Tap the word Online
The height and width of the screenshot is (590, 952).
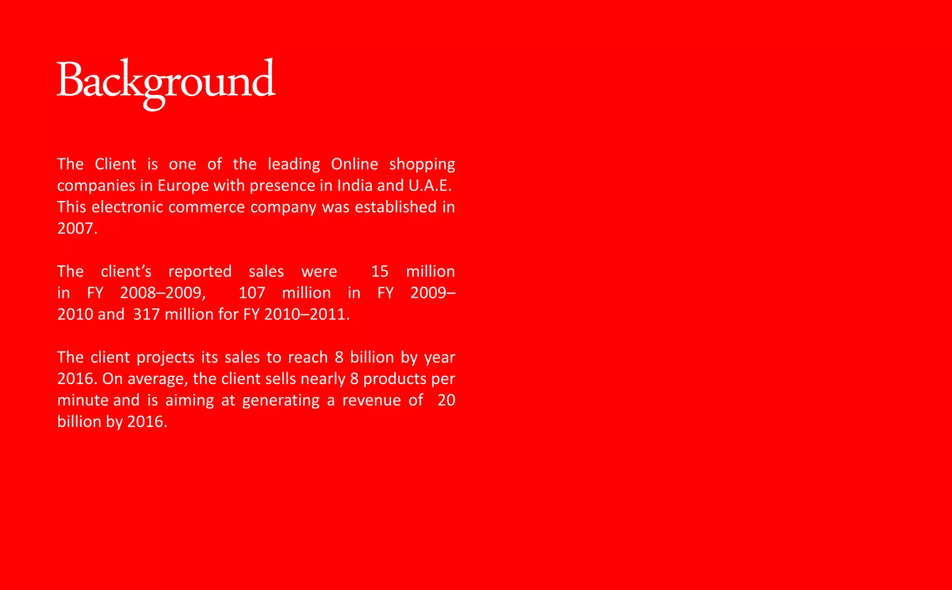point(354,164)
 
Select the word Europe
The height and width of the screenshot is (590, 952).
point(183,186)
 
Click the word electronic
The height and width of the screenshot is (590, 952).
point(127,207)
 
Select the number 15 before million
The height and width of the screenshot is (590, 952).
point(379,272)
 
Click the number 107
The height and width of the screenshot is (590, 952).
point(251,293)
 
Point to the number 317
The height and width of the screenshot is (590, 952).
point(146,314)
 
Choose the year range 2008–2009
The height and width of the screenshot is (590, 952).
point(162,293)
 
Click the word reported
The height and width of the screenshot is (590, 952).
point(200,272)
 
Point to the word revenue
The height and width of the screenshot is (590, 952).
point(371,400)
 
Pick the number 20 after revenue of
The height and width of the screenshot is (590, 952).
point(446,400)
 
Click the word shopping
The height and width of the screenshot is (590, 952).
point(422,164)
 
